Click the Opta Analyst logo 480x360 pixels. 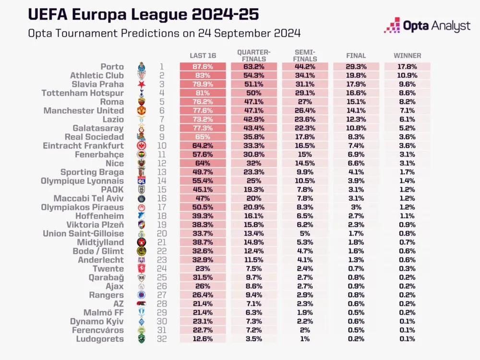(x=427, y=26)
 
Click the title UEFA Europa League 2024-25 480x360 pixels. (x=144, y=14)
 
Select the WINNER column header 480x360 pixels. (x=407, y=56)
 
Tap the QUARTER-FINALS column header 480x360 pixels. (x=254, y=56)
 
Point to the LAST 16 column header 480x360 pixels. (x=203, y=56)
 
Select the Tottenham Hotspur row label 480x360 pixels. (x=83, y=93)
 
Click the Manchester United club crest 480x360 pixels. (x=141, y=111)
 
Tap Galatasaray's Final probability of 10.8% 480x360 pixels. (x=356, y=128)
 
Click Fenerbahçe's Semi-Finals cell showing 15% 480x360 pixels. (x=305, y=155)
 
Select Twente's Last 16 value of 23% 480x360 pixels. (x=203, y=269)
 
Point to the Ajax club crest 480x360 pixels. (x=141, y=287)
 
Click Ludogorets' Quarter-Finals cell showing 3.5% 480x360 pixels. (x=254, y=339)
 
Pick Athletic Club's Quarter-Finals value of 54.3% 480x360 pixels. (x=254, y=76)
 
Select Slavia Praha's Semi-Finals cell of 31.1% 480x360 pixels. (x=305, y=84)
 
